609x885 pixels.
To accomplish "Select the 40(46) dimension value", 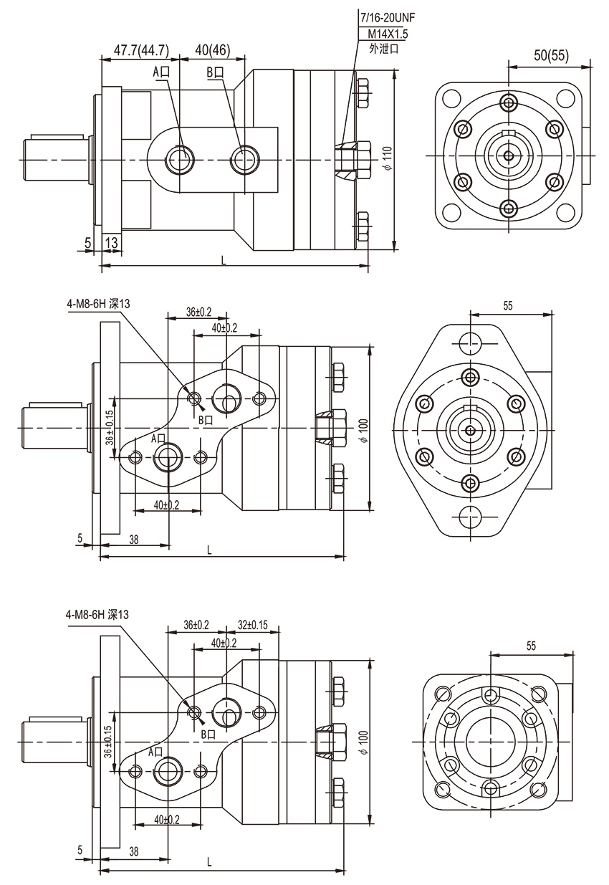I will [212, 50].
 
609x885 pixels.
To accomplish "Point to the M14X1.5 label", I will [388, 34].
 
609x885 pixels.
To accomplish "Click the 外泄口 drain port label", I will [383, 49].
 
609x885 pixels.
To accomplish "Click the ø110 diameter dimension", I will [387, 157].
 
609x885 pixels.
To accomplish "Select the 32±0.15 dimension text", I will [252, 625].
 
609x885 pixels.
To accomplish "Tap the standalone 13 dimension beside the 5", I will [112, 244].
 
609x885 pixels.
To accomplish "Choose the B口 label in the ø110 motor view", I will [215, 72].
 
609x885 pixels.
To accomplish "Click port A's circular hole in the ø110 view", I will [178, 158].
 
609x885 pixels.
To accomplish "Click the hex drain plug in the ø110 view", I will [353, 158].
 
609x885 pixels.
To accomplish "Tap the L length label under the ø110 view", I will [224, 261].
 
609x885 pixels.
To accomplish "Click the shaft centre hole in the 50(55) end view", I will [508, 156].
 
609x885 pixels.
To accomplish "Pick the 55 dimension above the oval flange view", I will [508, 305].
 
